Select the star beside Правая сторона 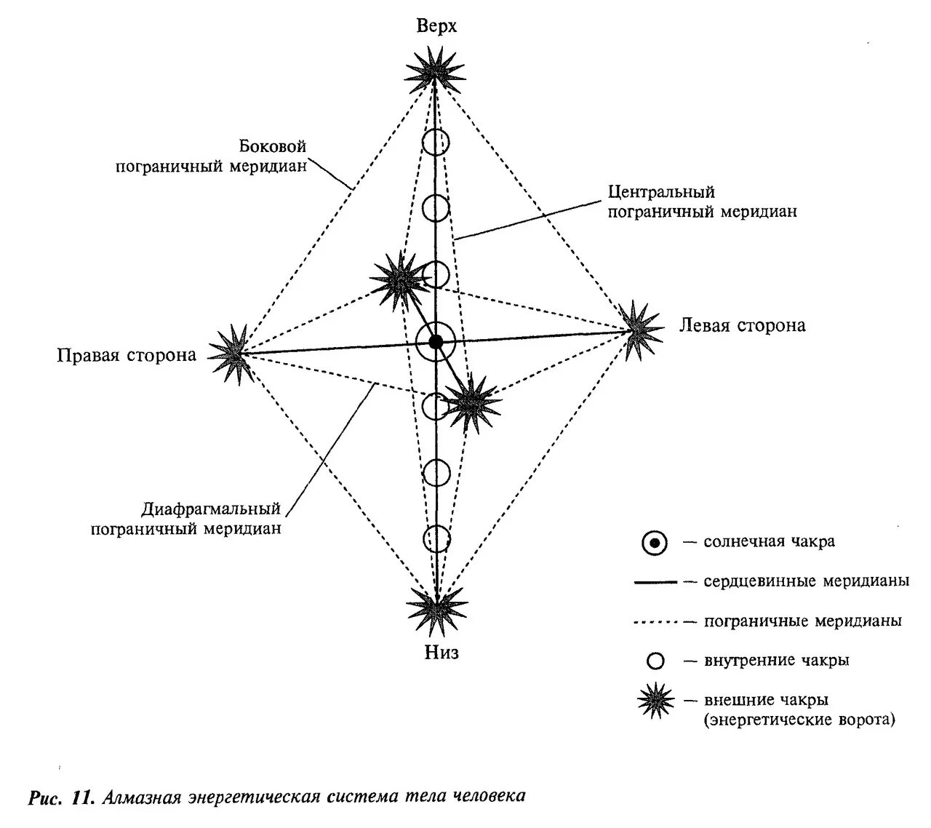pos(235,354)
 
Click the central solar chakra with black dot pos(436,342)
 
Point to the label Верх pos(436,26)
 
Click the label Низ pos(441,653)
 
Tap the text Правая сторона pos(127,355)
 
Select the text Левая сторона pos(742,325)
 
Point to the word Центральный pos(661,192)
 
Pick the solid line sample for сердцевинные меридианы pos(655,582)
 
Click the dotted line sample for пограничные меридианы pos(655,622)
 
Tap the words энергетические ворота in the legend pos(800,720)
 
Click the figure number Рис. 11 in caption pos(61,797)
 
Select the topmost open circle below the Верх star pos(435,142)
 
